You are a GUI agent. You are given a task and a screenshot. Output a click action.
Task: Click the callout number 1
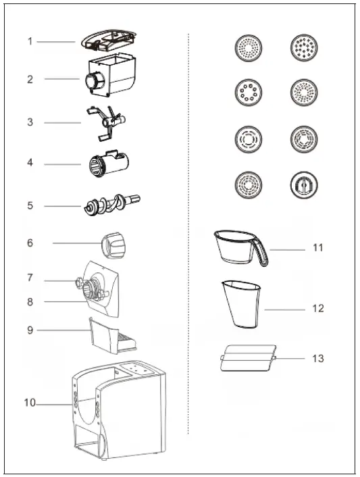click(30, 41)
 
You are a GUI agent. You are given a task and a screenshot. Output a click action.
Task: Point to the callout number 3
click(30, 122)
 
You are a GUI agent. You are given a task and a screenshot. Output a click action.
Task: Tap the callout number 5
click(30, 205)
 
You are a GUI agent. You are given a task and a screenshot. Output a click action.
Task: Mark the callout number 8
click(30, 302)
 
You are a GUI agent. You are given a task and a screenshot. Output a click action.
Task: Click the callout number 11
click(318, 248)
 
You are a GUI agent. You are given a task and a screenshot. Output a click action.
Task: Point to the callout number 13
click(318, 358)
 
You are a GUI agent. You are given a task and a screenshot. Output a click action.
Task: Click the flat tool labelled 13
click(248, 358)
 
